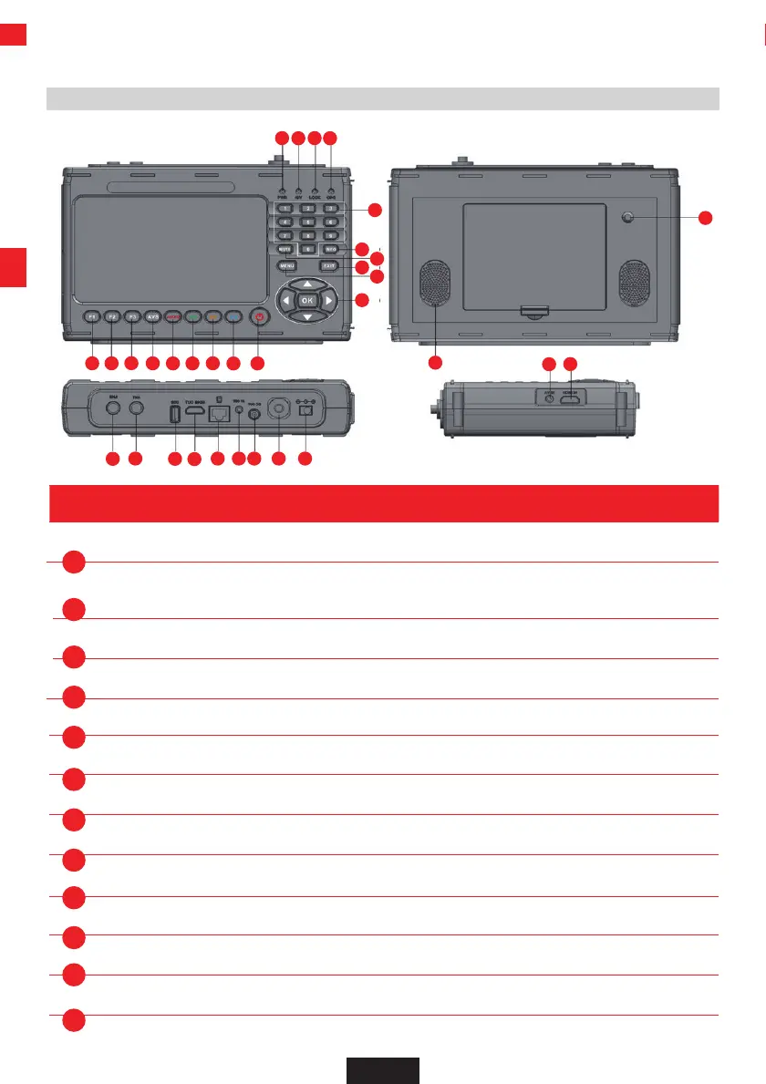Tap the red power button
click(261, 317)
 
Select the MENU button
click(286, 265)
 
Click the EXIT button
click(330, 265)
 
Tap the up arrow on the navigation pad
click(307, 284)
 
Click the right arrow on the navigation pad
click(328, 300)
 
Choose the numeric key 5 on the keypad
click(308, 222)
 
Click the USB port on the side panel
click(174, 412)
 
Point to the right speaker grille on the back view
click(635, 284)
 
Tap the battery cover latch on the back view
click(535, 311)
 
